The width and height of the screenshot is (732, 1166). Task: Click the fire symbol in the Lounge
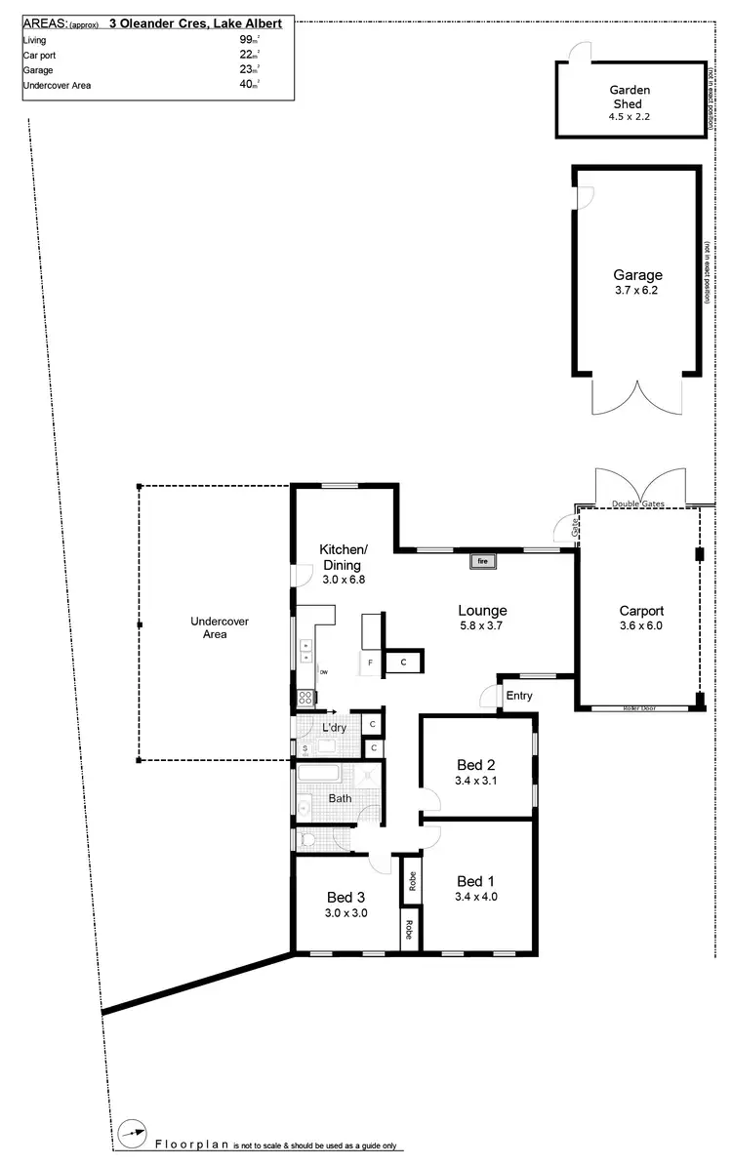click(x=482, y=561)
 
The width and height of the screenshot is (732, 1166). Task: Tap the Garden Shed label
click(x=630, y=97)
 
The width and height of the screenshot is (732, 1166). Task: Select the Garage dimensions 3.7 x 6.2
click(x=637, y=291)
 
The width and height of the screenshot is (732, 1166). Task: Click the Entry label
click(x=519, y=696)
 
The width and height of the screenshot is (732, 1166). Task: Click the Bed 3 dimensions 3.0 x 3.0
click(x=346, y=913)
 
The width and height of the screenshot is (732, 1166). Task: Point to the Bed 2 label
click(x=476, y=764)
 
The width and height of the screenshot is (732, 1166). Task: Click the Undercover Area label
click(x=209, y=627)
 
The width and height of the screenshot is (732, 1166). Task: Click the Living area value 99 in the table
click(x=246, y=39)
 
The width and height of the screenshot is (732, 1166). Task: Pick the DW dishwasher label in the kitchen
click(x=323, y=672)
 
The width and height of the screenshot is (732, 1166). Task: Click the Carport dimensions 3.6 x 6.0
click(x=640, y=626)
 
